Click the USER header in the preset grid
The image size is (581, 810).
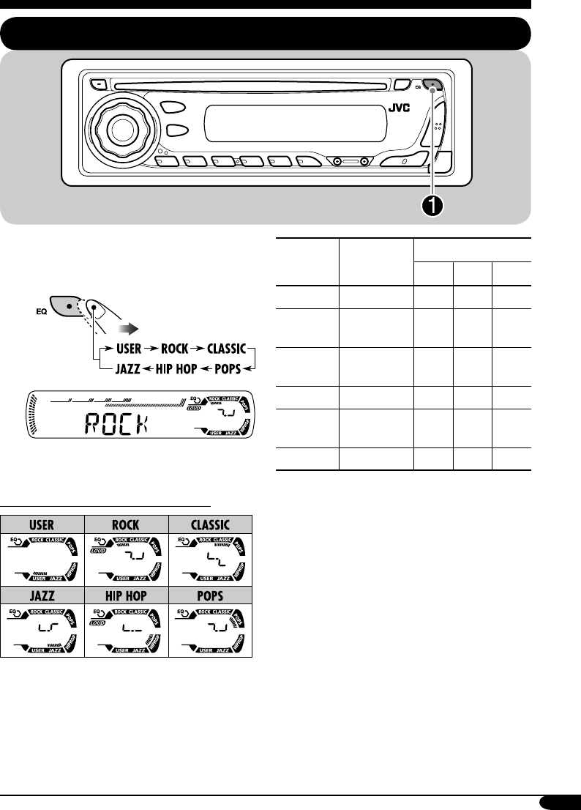[42, 524]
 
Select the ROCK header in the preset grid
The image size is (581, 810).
[127, 524]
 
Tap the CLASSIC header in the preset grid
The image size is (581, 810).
[211, 524]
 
